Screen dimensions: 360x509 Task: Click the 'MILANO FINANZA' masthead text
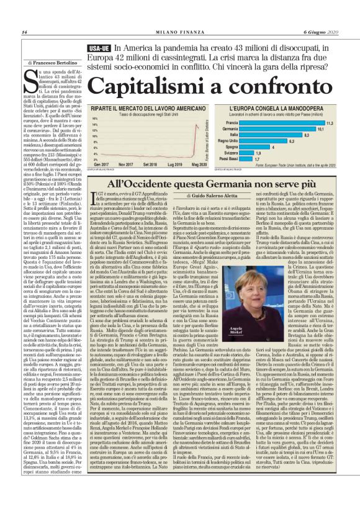(x=179, y=32)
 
